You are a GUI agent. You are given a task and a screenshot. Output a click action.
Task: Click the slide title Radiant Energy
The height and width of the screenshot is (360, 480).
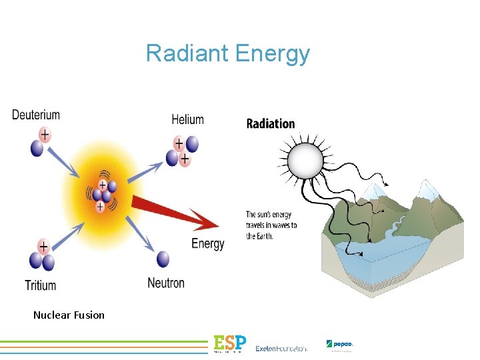[228, 53]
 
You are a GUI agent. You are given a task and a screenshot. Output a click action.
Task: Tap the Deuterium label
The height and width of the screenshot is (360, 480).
[36, 115]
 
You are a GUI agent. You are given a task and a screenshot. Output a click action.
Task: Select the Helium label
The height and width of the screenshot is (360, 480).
[187, 119]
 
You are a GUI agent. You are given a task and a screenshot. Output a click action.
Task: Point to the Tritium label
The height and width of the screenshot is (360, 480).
[41, 285]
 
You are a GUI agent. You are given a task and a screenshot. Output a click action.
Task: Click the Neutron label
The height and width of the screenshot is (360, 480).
[166, 283]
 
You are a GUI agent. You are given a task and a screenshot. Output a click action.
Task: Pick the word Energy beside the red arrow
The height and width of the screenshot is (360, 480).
[208, 243]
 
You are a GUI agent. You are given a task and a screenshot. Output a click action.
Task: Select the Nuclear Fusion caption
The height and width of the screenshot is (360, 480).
[69, 315]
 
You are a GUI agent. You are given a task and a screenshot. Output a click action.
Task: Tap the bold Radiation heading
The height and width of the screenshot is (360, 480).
[271, 123]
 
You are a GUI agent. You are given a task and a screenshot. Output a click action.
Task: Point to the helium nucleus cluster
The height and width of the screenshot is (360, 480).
[182, 151]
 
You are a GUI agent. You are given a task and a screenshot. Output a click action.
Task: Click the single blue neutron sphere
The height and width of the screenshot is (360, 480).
[163, 260]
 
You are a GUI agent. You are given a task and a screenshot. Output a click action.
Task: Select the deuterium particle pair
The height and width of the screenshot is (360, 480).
[40, 141]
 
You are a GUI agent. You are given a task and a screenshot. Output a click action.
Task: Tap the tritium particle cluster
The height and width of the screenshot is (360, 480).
[42, 255]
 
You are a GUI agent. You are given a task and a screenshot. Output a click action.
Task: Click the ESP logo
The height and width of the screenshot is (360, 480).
[229, 343]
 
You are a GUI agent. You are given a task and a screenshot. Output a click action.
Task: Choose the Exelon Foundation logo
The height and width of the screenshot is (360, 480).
[281, 348]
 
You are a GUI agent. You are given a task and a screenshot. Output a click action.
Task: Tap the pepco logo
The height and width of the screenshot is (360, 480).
[339, 345]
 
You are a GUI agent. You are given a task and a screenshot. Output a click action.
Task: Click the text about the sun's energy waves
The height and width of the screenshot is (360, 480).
[271, 225]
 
